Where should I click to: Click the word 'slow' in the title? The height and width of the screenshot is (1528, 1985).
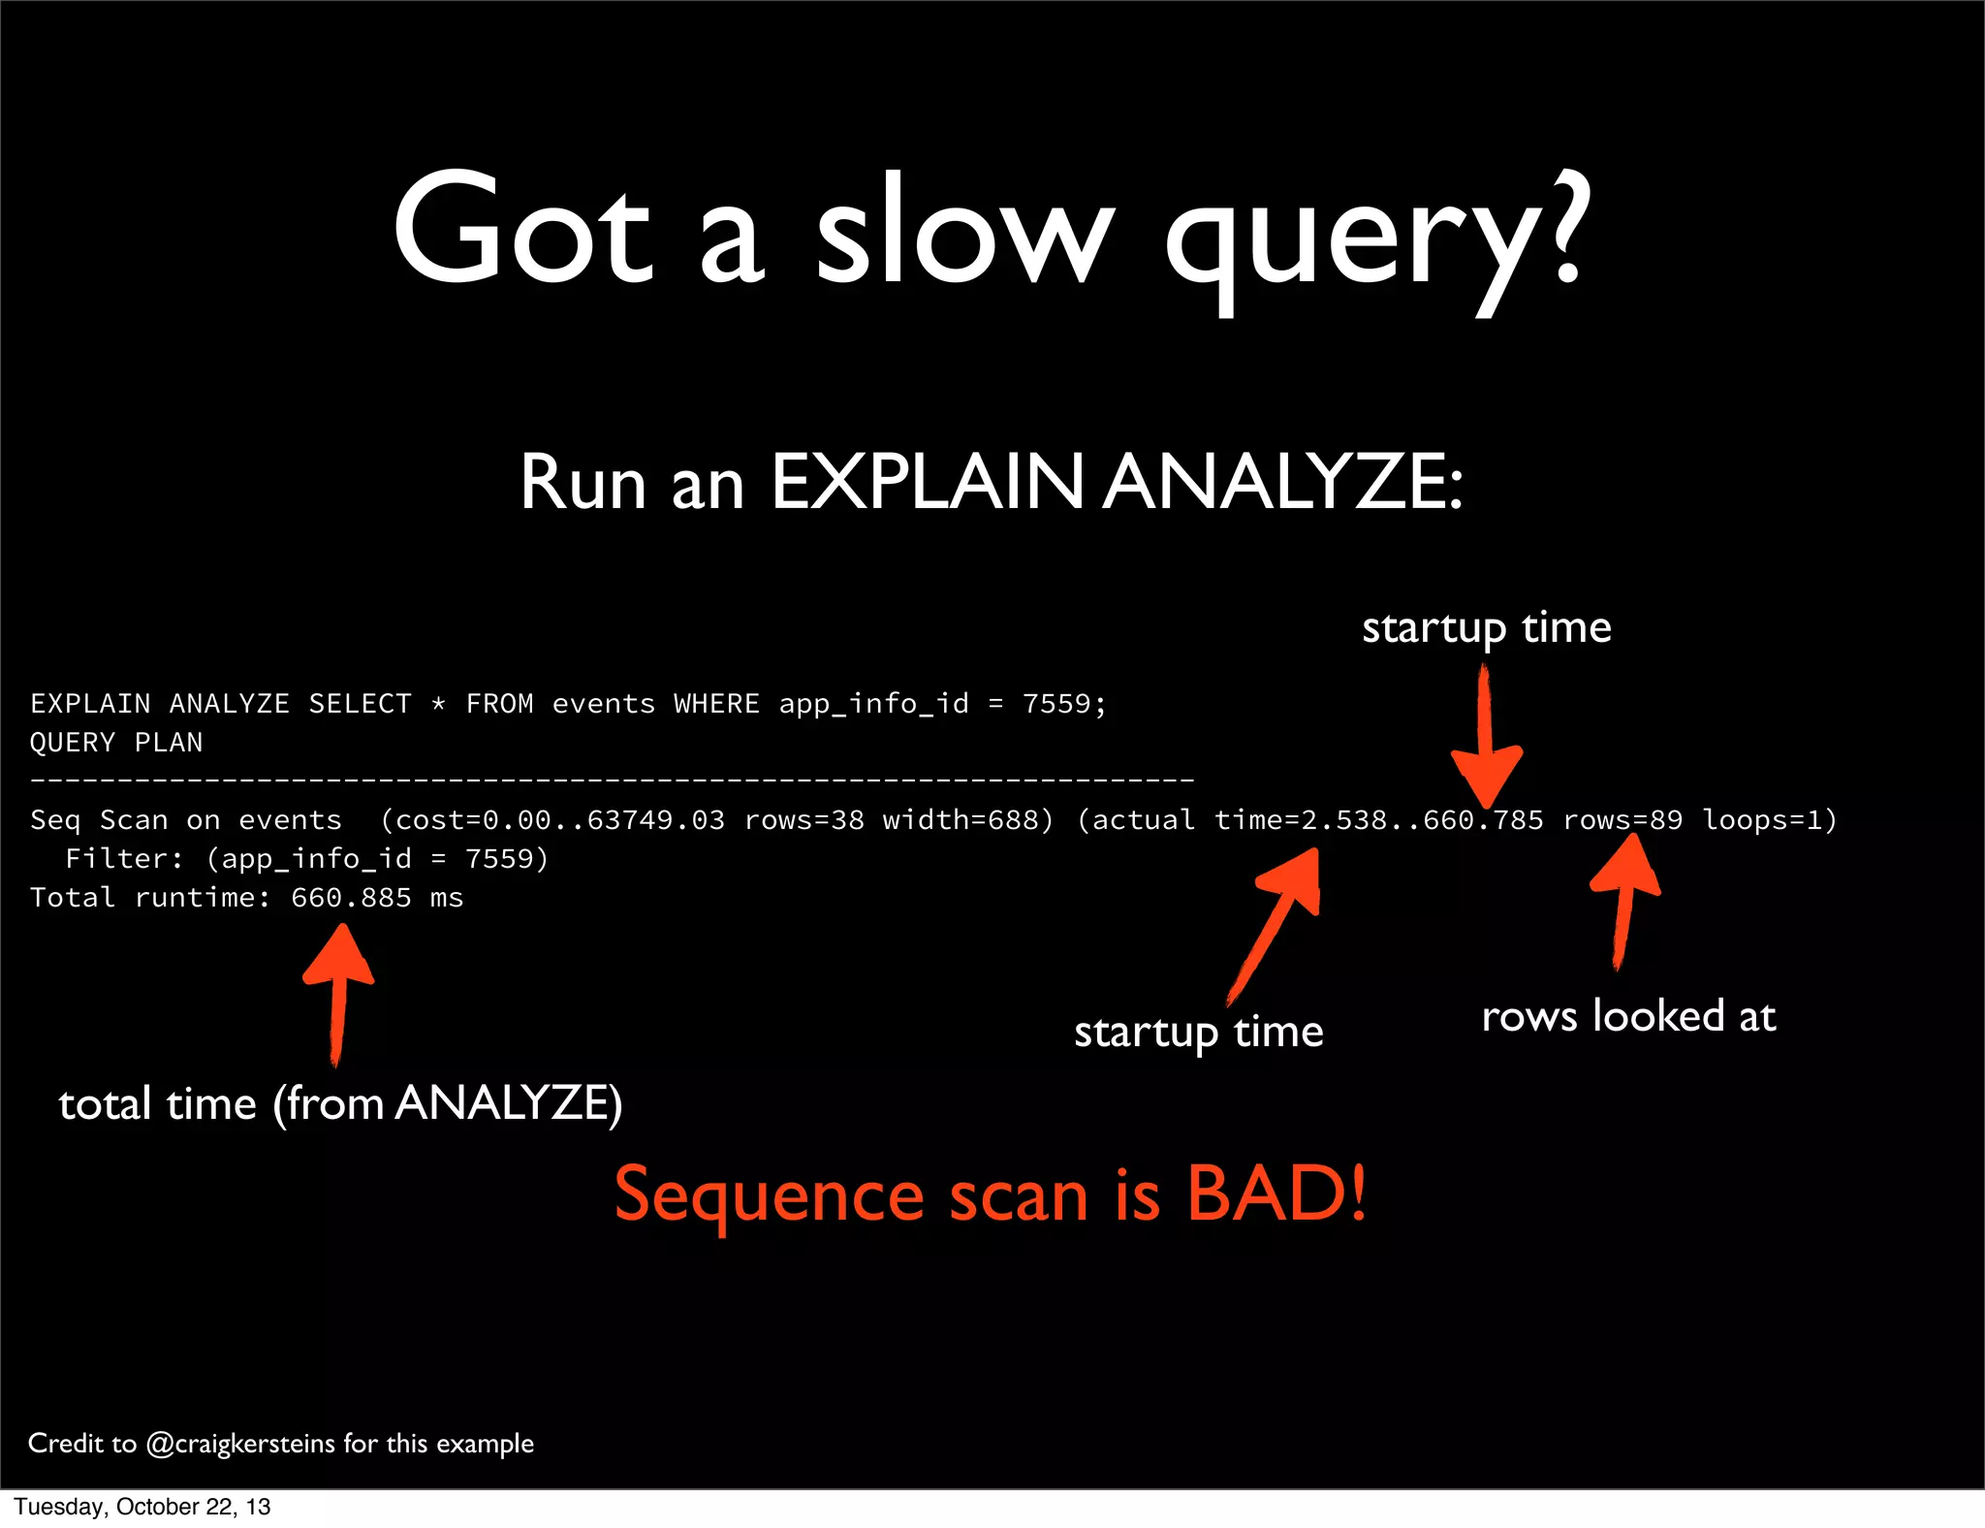click(x=964, y=233)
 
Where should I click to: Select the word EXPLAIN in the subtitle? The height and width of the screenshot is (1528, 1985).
click(x=928, y=482)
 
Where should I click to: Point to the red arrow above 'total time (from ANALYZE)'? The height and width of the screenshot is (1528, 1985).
click(x=338, y=989)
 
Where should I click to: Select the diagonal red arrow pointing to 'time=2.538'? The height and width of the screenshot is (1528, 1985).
click(x=1277, y=921)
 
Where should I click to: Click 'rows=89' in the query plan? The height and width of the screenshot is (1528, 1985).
click(x=1623, y=820)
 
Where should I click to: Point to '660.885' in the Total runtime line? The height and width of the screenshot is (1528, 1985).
click(x=351, y=898)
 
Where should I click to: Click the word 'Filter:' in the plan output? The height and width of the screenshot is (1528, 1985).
click(x=124, y=859)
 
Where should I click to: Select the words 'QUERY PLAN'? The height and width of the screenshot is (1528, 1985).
click(x=116, y=743)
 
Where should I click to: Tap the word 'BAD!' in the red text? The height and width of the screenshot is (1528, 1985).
click(x=1276, y=1194)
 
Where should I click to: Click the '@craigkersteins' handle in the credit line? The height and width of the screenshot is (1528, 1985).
click(x=240, y=1444)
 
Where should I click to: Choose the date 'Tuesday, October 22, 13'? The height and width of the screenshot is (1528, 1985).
click(x=142, y=1507)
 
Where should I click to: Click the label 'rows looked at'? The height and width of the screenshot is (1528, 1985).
click(x=1628, y=1016)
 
